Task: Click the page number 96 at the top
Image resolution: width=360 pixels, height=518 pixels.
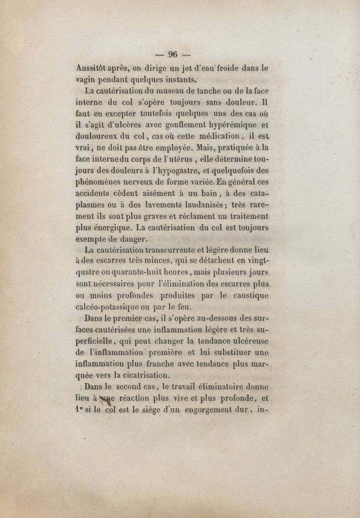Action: point(173,55)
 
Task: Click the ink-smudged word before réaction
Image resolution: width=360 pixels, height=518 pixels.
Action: point(107,397)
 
